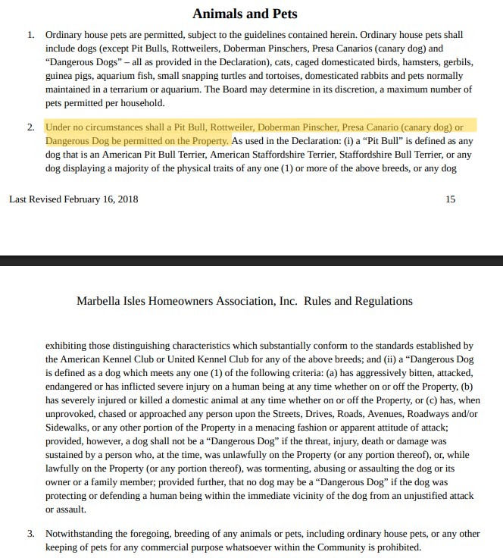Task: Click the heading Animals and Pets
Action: (x=245, y=14)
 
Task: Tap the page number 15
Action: (x=451, y=199)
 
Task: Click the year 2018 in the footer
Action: (x=126, y=199)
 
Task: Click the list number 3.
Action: (x=31, y=533)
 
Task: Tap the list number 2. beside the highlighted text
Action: (x=31, y=127)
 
